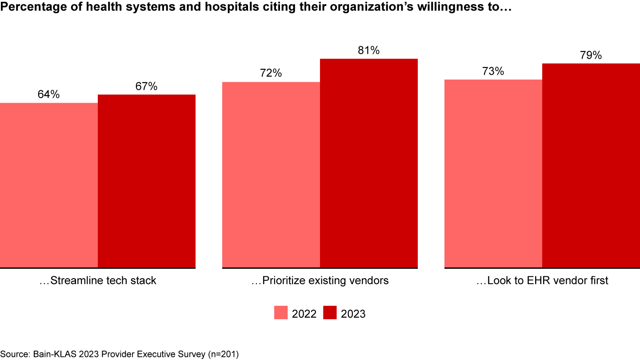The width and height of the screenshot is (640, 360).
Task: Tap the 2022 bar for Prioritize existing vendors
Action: (271, 175)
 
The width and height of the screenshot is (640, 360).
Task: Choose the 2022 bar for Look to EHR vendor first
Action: (493, 174)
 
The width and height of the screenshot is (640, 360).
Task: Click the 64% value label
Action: (49, 95)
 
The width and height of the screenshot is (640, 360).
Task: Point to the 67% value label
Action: (147, 86)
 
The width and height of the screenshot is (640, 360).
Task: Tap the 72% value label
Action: (271, 73)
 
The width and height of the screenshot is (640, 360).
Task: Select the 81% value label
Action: (369, 51)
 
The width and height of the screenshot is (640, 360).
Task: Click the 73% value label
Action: (493, 71)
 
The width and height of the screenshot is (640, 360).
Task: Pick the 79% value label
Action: (591, 56)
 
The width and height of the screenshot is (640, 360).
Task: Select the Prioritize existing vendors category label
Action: (320, 281)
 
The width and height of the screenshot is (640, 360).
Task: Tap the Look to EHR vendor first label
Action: (542, 281)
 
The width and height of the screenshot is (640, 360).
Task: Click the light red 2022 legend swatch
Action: (281, 313)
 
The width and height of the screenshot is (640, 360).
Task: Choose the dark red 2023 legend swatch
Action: (330, 313)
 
